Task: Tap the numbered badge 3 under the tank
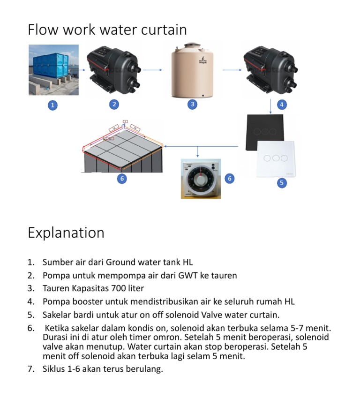pos(192,104)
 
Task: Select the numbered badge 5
pos(281,183)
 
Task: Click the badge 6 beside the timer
pos(229,178)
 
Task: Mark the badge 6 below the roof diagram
pos(122,179)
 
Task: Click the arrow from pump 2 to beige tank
pos(152,70)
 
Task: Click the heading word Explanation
pos(66,233)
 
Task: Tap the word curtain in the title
pos(164,30)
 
